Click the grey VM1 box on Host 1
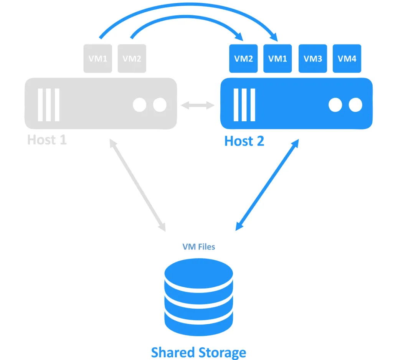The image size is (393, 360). point(98,58)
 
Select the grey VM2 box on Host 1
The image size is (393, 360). point(132,58)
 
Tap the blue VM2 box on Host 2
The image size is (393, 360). point(243,58)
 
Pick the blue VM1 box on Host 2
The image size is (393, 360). point(277,58)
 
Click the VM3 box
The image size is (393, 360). point(312,58)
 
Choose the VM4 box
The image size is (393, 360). point(347,58)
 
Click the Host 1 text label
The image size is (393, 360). point(47,140)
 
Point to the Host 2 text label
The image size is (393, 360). point(244,141)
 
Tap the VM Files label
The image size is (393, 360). point(198,246)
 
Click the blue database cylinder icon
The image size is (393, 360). point(198,292)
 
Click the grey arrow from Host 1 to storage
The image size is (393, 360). point(137,185)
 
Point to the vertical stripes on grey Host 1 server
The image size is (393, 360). point(48,105)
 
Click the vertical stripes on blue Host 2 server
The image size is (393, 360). point(244,105)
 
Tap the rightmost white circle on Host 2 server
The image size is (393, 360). point(355,105)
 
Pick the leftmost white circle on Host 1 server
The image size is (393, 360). point(139,105)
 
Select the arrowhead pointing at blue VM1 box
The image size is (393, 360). point(274,38)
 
